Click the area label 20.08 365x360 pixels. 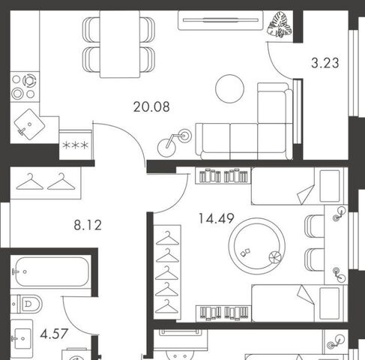(x=151, y=106)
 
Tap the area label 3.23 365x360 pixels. (x=325, y=63)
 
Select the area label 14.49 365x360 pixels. (x=217, y=218)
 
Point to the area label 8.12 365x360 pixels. (x=88, y=225)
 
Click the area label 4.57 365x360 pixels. (x=54, y=334)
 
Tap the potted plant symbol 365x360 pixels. (x=279, y=25)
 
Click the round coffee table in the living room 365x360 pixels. (x=229, y=88)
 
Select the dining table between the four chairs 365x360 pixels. (x=120, y=44)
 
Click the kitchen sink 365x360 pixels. (x=29, y=124)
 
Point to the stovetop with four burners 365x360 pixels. (x=25, y=87)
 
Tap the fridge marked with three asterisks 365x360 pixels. (x=76, y=145)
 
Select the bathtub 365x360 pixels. (x=50, y=271)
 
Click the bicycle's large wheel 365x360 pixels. (x=166, y=148)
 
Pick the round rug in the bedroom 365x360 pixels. (x=257, y=246)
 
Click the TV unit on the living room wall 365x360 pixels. (x=220, y=20)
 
